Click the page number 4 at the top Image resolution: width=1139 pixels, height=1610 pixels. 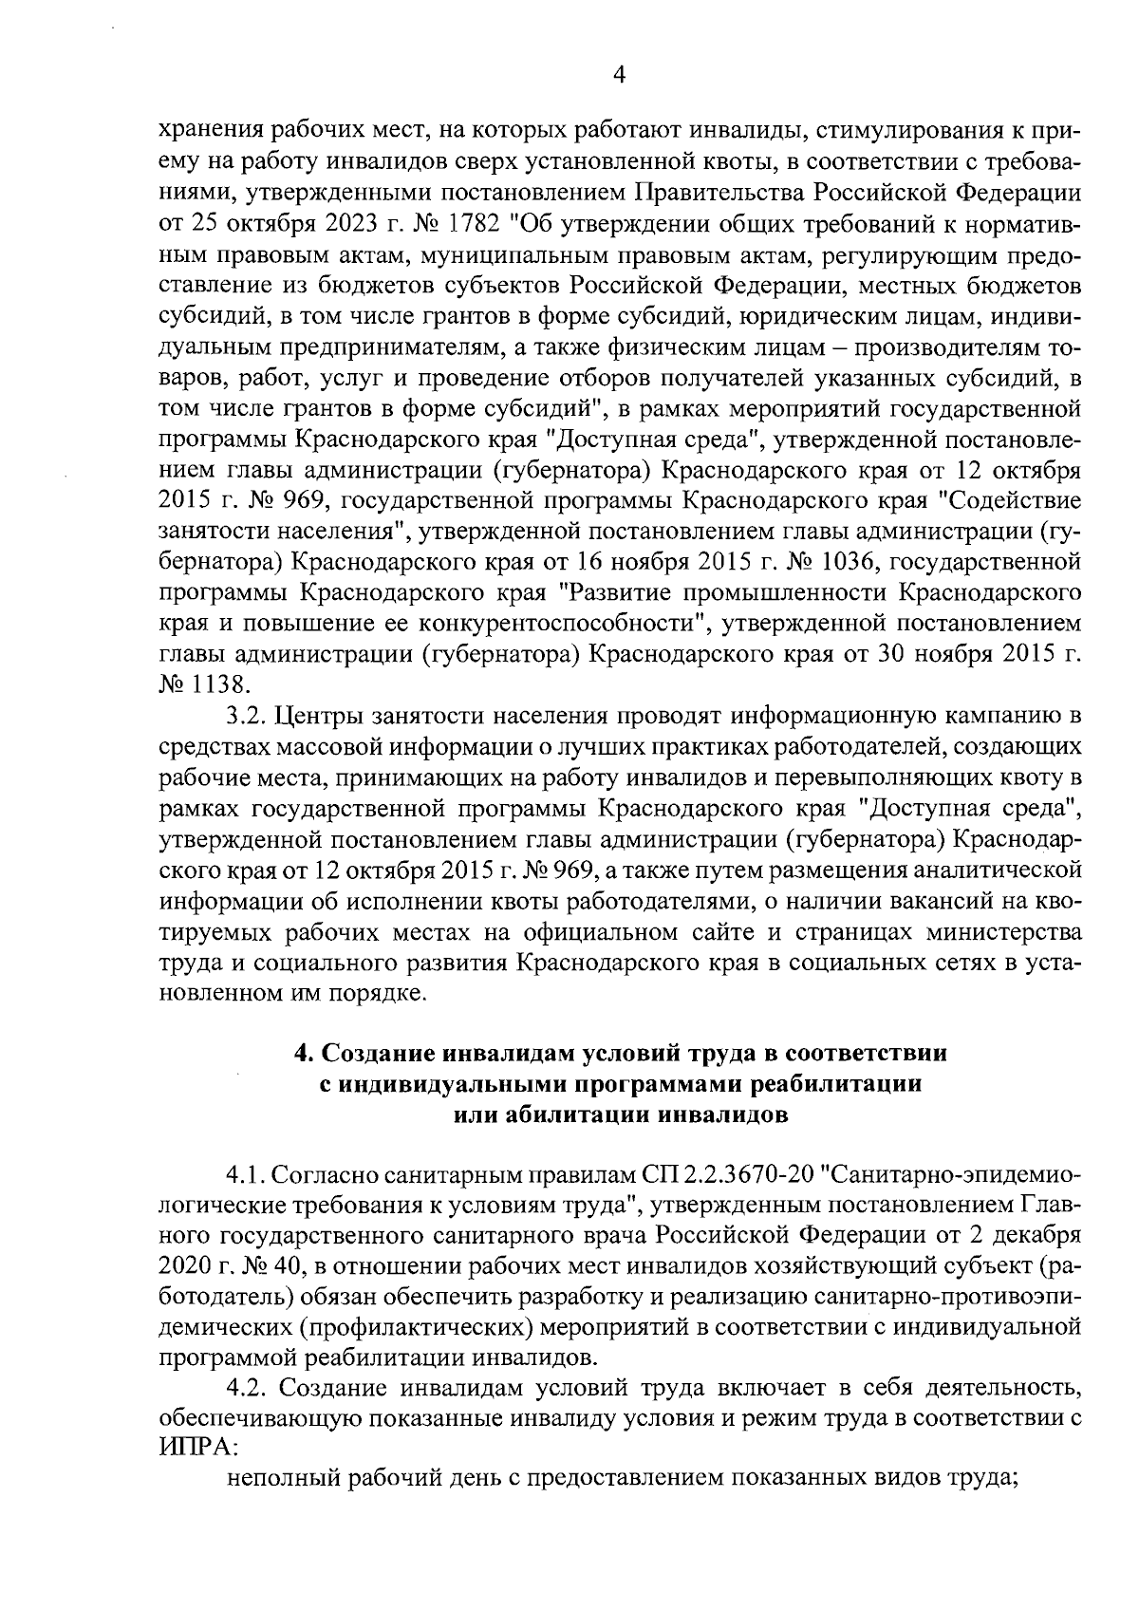[x=619, y=75]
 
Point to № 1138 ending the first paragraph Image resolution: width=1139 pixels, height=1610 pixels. [x=201, y=683]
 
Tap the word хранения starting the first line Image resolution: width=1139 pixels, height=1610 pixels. [x=207, y=135]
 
